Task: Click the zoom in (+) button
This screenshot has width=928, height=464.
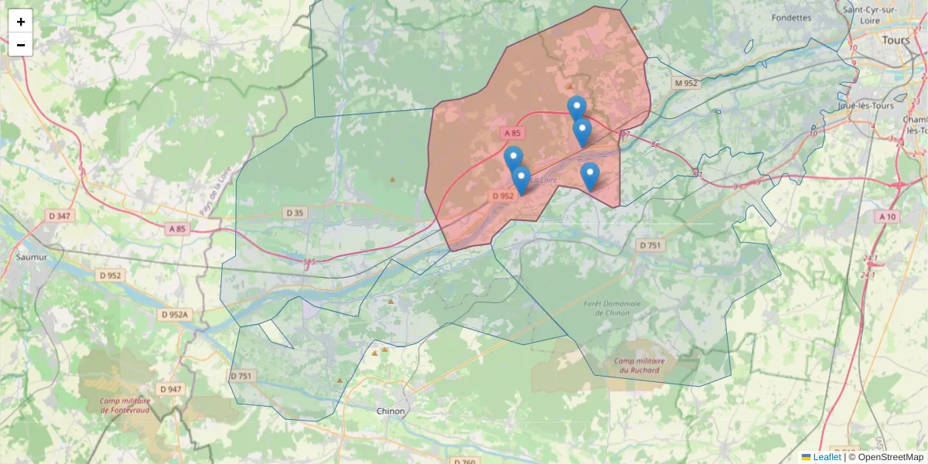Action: [21, 22]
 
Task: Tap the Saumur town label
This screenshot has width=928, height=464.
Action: [32, 256]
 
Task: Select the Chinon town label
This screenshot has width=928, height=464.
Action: [391, 411]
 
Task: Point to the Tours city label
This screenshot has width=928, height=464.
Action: [896, 39]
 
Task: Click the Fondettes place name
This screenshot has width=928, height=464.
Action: [791, 17]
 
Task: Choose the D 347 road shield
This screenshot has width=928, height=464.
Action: [59, 216]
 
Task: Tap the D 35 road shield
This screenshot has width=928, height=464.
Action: [295, 213]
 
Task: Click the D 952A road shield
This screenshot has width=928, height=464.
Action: [175, 315]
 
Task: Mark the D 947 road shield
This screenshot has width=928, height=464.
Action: [170, 389]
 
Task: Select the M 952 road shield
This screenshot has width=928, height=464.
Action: [685, 83]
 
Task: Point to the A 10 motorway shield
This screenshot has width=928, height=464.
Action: [887, 217]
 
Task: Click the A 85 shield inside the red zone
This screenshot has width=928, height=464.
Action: [512, 133]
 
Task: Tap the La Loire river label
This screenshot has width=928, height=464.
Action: [544, 180]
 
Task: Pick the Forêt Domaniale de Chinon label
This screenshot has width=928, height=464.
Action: [613, 309]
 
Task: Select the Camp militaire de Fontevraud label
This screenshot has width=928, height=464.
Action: [125, 404]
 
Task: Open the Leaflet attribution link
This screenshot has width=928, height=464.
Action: [827, 457]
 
